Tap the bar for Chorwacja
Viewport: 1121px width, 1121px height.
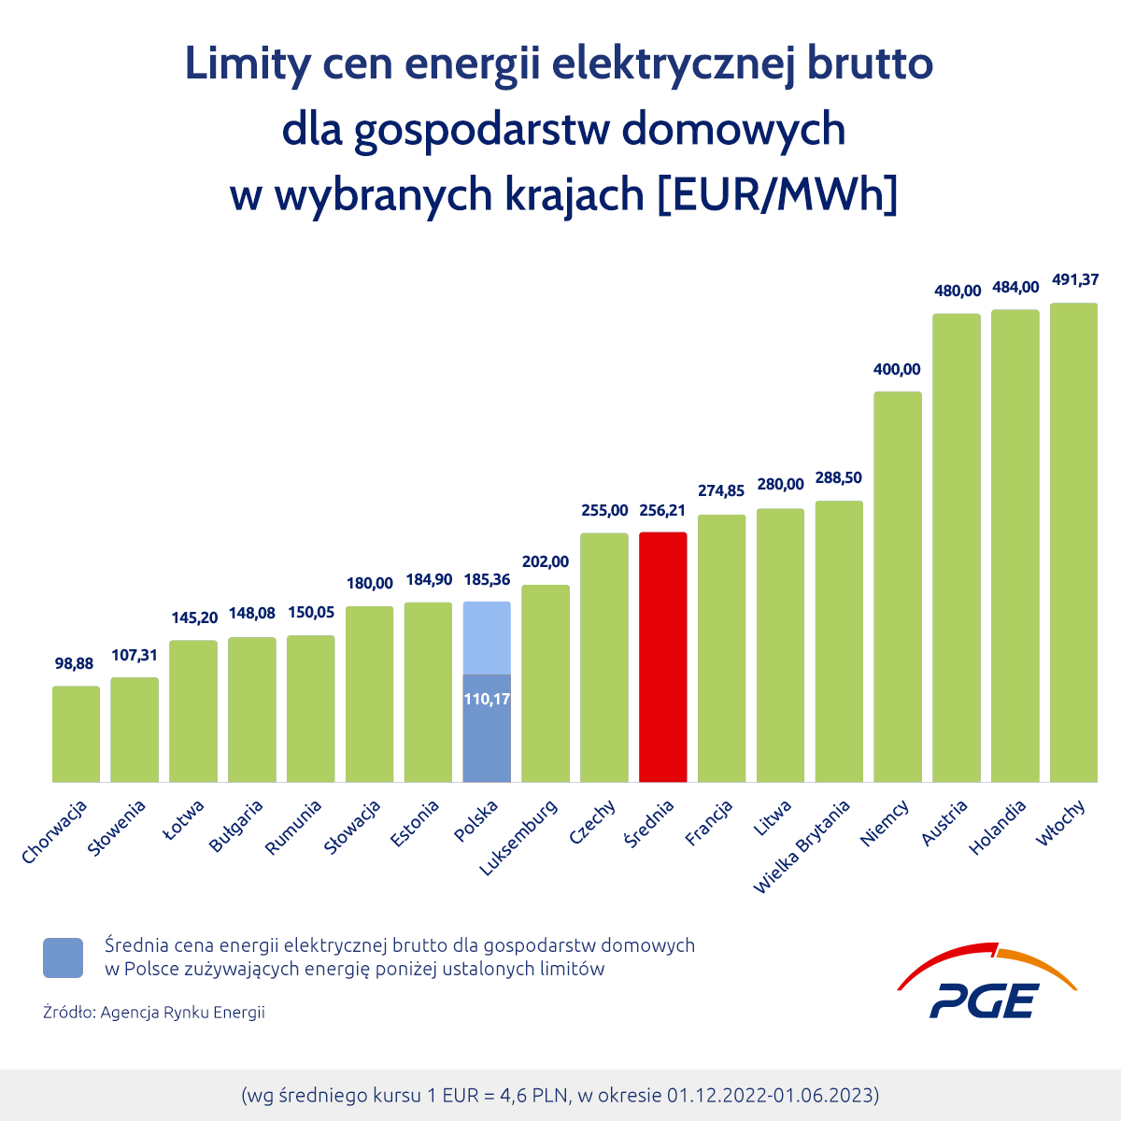(76, 734)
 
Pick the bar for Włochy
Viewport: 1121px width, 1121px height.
(1073, 543)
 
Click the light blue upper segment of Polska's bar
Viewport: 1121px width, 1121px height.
(487, 637)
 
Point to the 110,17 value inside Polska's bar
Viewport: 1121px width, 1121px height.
(487, 698)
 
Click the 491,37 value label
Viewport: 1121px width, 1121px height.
(1075, 279)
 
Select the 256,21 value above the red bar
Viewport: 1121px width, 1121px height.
(662, 510)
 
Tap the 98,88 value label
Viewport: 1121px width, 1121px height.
(74, 663)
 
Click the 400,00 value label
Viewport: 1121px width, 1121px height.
(897, 369)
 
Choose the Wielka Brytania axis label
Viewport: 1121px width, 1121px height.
(802, 845)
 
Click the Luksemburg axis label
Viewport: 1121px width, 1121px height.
(519, 837)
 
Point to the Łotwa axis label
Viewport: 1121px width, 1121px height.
(184, 820)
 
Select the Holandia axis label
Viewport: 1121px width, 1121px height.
(999, 826)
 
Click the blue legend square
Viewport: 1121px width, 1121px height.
(63, 958)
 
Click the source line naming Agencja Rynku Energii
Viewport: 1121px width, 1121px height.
(154, 1012)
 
